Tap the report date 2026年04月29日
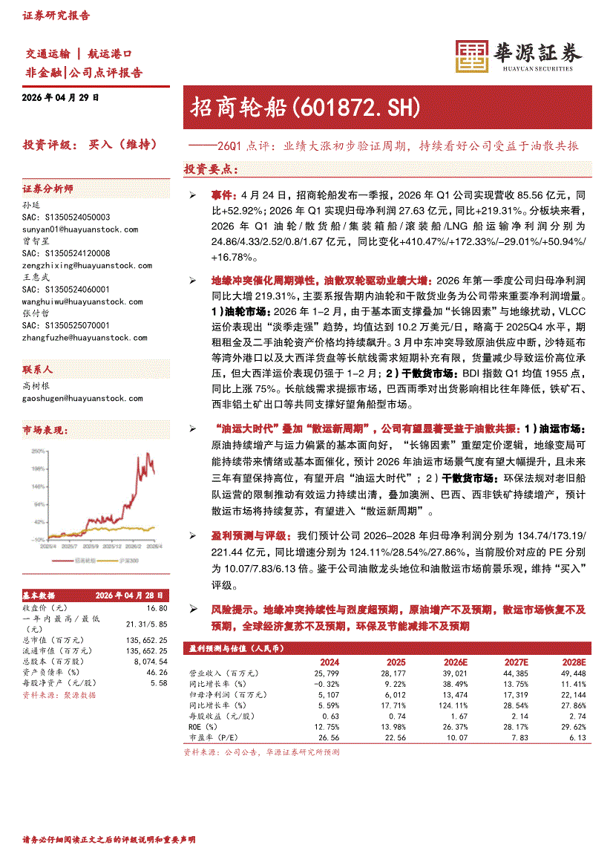(61, 98)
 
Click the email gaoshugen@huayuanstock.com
(82, 398)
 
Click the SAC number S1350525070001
(66, 325)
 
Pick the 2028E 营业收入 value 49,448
(574, 673)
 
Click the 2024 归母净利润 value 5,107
(327, 694)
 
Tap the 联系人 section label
(37, 369)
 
